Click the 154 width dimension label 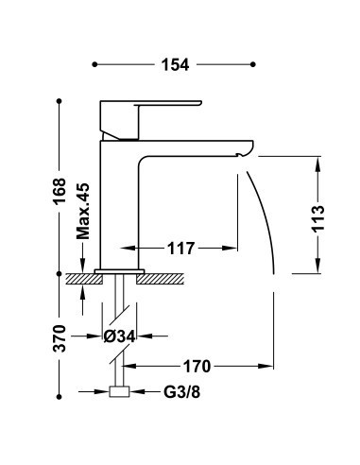[175, 64]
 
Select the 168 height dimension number [60, 192]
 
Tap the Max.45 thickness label [83, 211]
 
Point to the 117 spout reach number [181, 249]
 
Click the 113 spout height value [318, 218]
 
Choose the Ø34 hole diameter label [119, 336]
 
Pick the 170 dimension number [197, 367]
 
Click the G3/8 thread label [181, 392]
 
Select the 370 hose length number [60, 338]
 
